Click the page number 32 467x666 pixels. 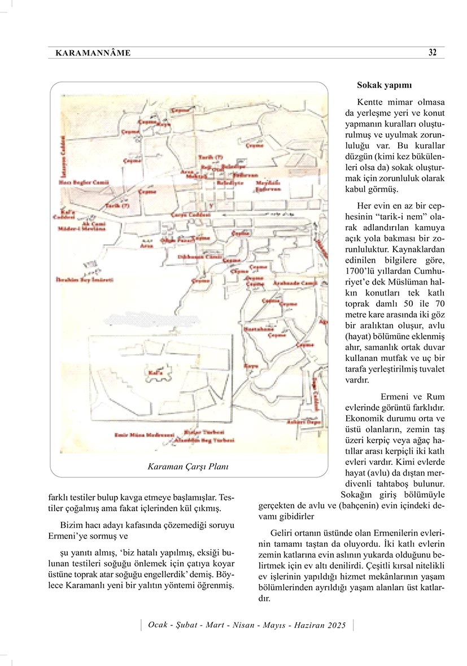(433, 53)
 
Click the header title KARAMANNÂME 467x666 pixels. (93, 53)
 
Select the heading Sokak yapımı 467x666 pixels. (384, 85)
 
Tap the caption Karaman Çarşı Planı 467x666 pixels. (188, 467)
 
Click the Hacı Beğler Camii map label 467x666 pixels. (84, 182)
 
